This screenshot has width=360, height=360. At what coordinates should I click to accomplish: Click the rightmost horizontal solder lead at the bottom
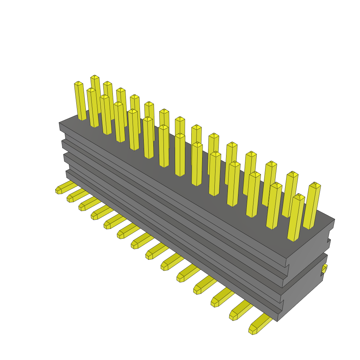(260, 323)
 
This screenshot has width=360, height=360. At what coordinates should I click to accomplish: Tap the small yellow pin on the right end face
(324, 269)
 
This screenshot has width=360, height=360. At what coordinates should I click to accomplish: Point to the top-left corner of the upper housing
(60, 123)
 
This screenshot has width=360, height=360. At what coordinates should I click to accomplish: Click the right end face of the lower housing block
(302, 288)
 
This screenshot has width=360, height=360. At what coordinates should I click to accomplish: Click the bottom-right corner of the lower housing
(277, 321)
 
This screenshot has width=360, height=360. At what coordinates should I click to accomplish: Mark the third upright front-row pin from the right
(253, 195)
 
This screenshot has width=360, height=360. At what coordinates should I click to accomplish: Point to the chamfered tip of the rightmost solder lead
(252, 331)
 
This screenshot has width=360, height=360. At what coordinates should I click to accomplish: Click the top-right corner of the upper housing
(334, 220)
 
